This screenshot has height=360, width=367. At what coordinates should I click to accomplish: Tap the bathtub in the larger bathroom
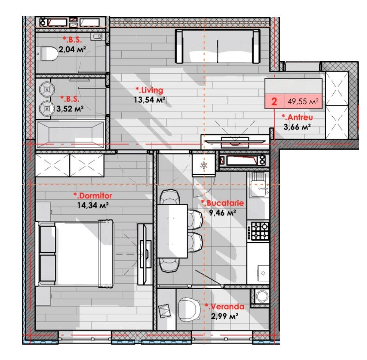(x=70, y=134)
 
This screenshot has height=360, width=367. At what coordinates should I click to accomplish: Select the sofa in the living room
(x=217, y=46)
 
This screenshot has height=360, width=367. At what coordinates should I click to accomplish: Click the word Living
(x=150, y=90)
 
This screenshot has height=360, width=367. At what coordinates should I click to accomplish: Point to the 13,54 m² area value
(x=150, y=100)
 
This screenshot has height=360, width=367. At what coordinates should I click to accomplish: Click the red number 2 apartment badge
(x=274, y=102)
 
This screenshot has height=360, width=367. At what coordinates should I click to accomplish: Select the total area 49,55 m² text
(x=303, y=102)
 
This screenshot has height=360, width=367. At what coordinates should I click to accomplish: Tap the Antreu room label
(x=297, y=117)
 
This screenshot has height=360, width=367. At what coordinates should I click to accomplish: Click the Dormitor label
(x=93, y=195)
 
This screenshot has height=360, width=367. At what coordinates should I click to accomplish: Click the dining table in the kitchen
(x=172, y=231)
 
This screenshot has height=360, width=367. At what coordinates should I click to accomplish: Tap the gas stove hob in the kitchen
(x=259, y=231)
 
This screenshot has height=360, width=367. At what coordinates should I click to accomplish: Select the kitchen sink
(x=258, y=185)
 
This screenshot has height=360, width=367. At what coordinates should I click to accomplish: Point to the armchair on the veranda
(x=189, y=310)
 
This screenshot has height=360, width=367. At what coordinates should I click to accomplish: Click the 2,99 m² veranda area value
(x=225, y=316)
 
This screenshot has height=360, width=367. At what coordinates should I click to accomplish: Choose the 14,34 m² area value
(x=93, y=205)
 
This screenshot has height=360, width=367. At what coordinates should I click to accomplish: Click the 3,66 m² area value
(x=297, y=127)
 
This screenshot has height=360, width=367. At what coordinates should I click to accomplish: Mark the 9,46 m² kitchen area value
(x=222, y=213)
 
